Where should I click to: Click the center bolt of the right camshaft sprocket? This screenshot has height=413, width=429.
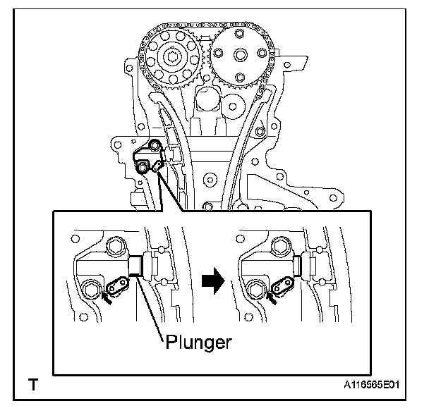[236, 54]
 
